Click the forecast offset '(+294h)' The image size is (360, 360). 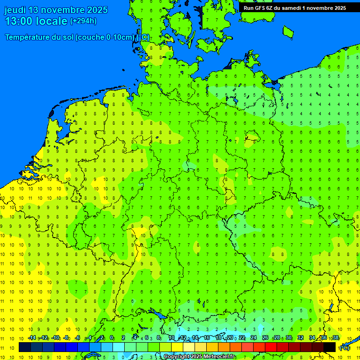(83, 21)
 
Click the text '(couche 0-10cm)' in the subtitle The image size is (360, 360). (105, 37)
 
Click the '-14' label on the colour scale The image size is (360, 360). (32, 338)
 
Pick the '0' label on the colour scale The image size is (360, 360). (112, 338)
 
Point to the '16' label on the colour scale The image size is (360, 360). (207, 338)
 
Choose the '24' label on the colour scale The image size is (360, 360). (254, 338)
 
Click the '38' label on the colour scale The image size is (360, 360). (336, 338)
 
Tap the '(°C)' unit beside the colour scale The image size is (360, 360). (345, 347)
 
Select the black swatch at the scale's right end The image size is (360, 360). (330, 347)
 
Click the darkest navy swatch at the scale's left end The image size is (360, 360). (25, 347)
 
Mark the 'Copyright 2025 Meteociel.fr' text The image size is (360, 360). (199, 356)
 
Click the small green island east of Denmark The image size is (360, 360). (288, 31)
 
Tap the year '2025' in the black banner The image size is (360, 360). (337, 8)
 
